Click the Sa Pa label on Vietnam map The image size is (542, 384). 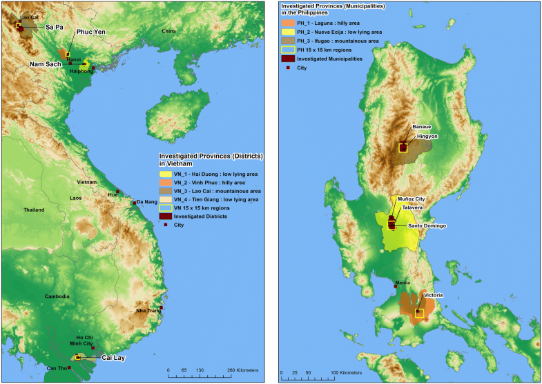pyautogui.click(x=55, y=26)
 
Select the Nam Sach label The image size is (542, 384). pyautogui.click(x=45, y=64)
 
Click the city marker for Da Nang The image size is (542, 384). pyautogui.click(x=134, y=202)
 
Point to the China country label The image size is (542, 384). pyautogui.click(x=169, y=32)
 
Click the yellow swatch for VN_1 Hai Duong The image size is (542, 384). pyautogui.click(x=165, y=174)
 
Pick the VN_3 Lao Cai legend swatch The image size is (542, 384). pyautogui.click(x=165, y=191)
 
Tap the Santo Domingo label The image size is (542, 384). pyautogui.click(x=427, y=226)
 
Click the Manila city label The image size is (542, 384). pyautogui.click(x=401, y=283)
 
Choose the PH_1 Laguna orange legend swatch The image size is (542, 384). pyautogui.click(x=286, y=21)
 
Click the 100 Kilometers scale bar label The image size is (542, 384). pyautogui.click(x=345, y=374)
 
